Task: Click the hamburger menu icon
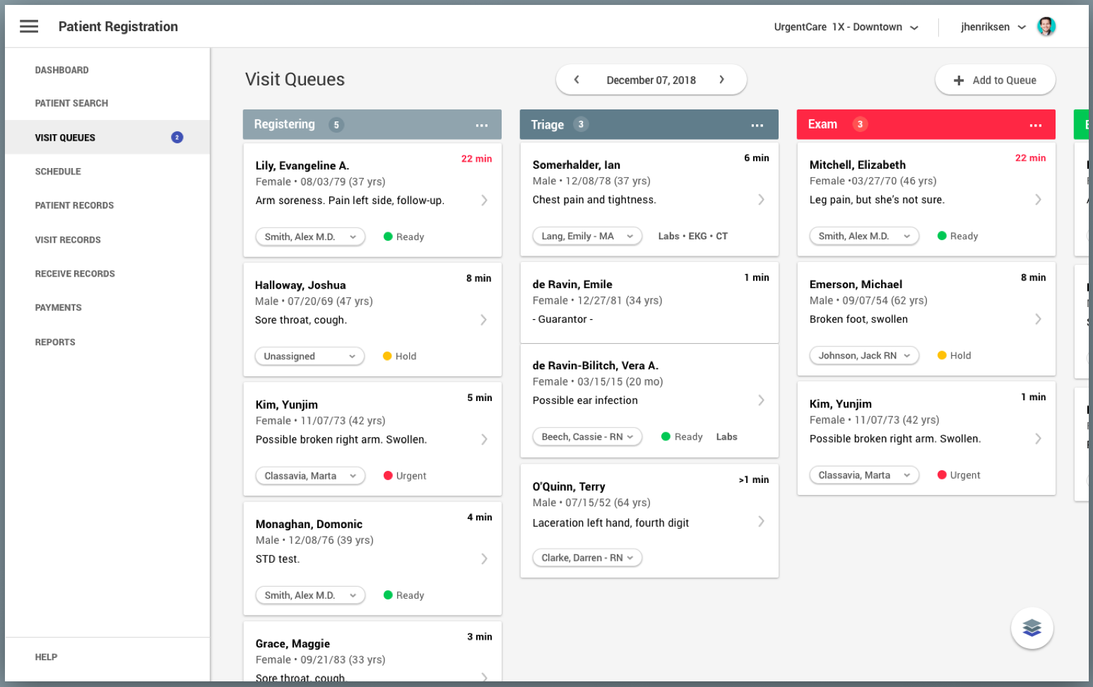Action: click(x=29, y=27)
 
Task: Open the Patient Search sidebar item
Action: click(x=71, y=103)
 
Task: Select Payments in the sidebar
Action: click(x=58, y=308)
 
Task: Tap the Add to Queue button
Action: click(x=995, y=80)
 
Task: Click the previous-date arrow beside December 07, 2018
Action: click(x=577, y=80)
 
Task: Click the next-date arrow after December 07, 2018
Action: click(x=721, y=80)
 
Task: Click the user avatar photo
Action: click(x=1046, y=27)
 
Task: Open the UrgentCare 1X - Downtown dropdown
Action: click(x=846, y=28)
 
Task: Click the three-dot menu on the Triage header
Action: click(x=757, y=125)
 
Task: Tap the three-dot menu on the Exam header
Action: click(x=1035, y=125)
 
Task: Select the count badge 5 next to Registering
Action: click(x=336, y=125)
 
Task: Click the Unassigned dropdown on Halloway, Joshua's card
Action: click(x=309, y=357)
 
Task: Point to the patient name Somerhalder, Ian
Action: click(x=576, y=165)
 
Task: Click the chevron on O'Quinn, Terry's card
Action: click(x=761, y=522)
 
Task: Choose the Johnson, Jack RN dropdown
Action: click(x=864, y=356)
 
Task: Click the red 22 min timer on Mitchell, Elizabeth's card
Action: click(x=1030, y=158)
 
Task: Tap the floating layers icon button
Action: click(x=1032, y=628)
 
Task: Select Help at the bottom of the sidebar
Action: click(x=46, y=657)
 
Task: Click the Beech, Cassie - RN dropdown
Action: click(x=587, y=437)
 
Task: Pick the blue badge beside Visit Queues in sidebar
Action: click(x=177, y=138)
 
